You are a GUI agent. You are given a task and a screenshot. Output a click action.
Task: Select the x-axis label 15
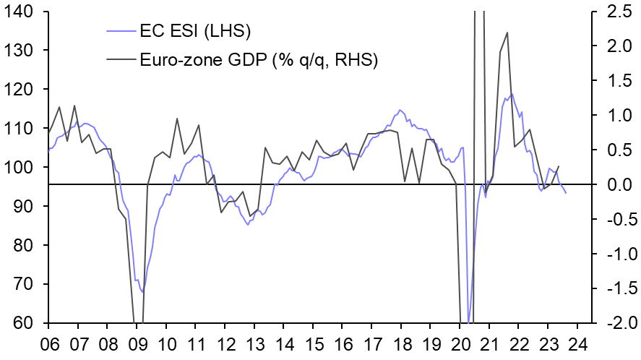[x=314, y=343]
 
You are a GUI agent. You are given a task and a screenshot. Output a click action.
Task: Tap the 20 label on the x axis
[x=461, y=343]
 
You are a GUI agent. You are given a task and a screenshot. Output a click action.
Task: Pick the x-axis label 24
[x=579, y=343]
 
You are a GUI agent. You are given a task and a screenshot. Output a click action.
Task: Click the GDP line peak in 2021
[x=507, y=33]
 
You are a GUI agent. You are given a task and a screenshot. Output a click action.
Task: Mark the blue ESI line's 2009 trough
[x=143, y=292]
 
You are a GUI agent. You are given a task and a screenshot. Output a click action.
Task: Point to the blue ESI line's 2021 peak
[x=512, y=94]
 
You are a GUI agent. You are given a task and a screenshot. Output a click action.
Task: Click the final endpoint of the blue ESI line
[x=566, y=193]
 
